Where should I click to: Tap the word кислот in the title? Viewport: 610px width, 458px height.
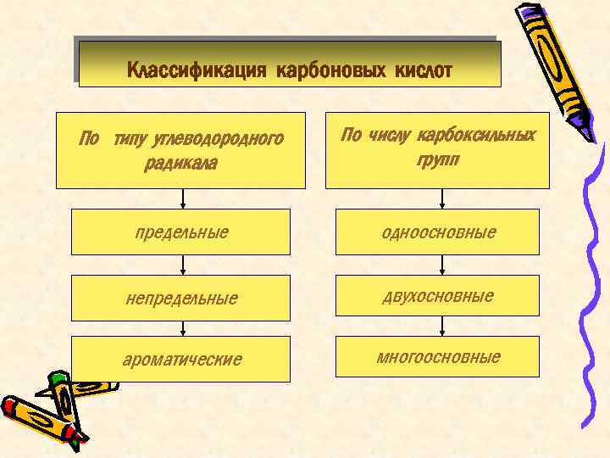(422, 69)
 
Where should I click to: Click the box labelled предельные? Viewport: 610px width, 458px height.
(180, 232)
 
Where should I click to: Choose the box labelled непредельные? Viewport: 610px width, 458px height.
(180, 298)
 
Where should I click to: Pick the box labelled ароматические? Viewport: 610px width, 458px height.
(180, 360)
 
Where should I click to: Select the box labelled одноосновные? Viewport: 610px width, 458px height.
(437, 232)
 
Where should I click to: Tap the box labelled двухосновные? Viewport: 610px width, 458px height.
(437, 296)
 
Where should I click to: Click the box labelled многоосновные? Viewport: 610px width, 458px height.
(437, 356)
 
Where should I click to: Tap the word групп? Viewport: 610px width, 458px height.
(438, 159)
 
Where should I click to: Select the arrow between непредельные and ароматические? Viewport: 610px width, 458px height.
(180, 327)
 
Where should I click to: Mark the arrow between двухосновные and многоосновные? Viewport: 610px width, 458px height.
(441, 327)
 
